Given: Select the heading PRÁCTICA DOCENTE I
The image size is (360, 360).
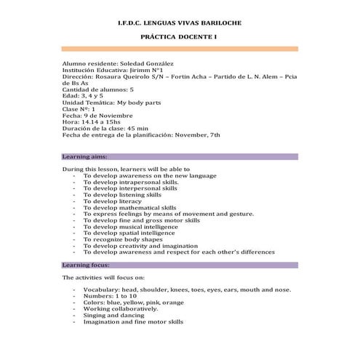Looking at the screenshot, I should (180, 36).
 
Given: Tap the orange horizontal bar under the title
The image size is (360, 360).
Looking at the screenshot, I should (180, 49).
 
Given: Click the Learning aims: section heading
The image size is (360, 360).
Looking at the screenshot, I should (85, 156).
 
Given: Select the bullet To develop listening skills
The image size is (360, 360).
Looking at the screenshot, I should (122, 195).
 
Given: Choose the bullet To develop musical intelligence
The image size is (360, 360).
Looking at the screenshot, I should (130, 226).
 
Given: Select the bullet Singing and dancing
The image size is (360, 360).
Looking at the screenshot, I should (116, 315).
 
